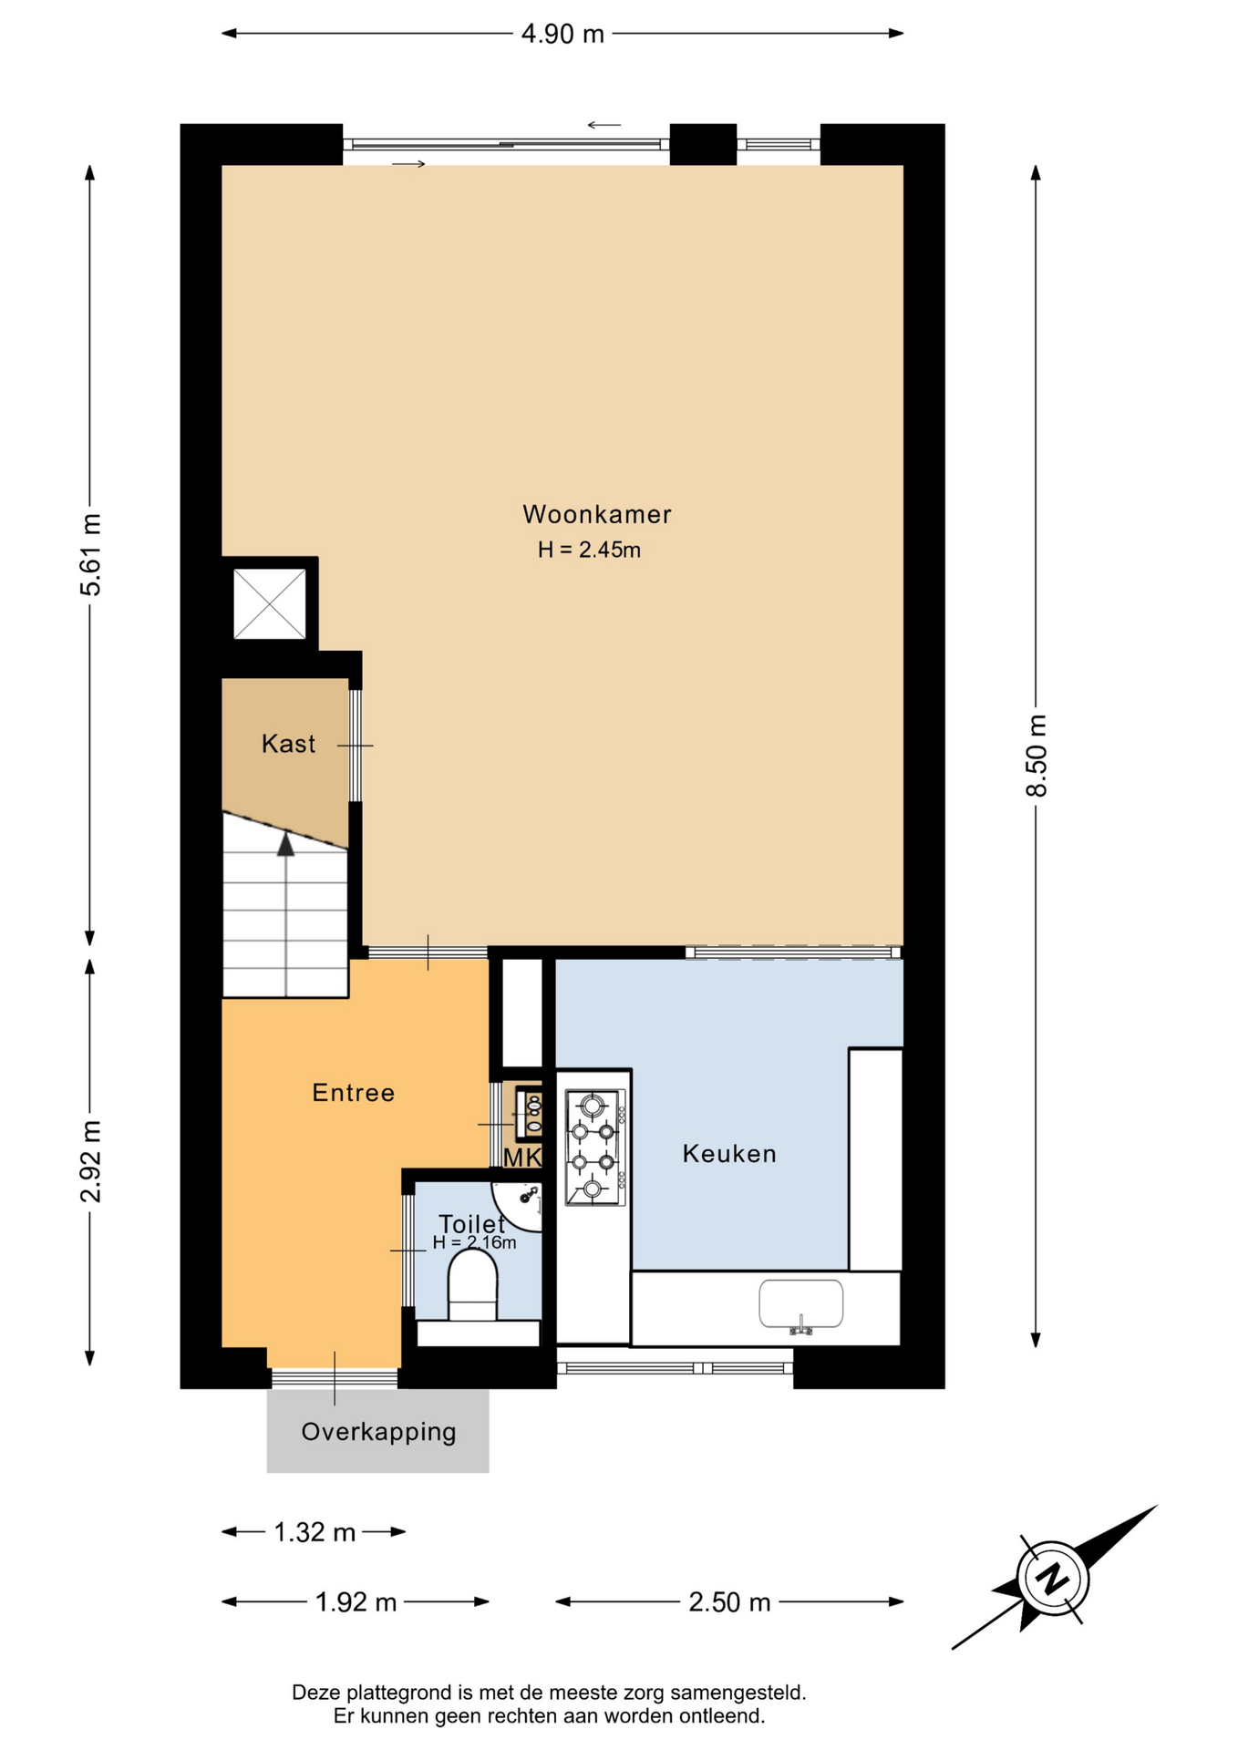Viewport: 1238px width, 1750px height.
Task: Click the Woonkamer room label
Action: click(597, 514)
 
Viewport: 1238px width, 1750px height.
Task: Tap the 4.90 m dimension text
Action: click(562, 34)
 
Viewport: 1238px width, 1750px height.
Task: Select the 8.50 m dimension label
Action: click(1037, 756)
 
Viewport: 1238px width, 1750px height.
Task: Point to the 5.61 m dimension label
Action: click(90, 554)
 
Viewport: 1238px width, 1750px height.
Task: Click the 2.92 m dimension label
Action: click(90, 1161)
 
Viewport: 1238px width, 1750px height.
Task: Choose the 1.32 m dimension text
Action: click(315, 1532)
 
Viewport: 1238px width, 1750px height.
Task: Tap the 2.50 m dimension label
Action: click(729, 1602)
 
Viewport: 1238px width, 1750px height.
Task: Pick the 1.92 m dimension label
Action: click(356, 1602)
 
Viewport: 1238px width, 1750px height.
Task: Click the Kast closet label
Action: click(288, 744)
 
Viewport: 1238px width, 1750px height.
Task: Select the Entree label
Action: click(353, 1093)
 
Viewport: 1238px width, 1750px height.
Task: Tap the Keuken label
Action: click(729, 1154)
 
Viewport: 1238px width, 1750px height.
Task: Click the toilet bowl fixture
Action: click(473, 1286)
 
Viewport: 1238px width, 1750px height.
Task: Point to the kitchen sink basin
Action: click(801, 1304)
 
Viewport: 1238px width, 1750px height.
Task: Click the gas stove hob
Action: click(595, 1147)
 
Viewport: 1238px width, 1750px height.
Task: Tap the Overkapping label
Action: click(378, 1432)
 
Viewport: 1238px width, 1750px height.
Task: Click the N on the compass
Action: click(1053, 1578)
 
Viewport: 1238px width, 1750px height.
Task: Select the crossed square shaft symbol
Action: click(270, 603)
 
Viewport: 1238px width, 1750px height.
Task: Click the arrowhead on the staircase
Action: click(285, 845)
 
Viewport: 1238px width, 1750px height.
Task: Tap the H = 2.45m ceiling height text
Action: click(589, 550)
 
